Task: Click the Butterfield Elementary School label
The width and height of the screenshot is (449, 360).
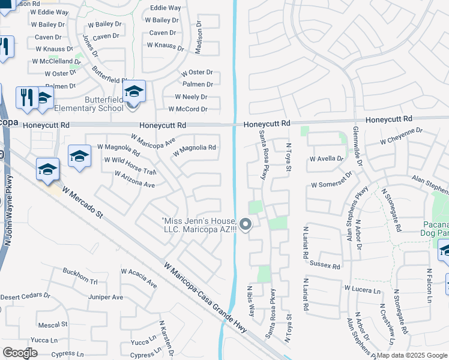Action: pyautogui.click(x=88, y=104)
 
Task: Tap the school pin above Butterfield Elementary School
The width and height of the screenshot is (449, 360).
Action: pyautogui.click(x=134, y=92)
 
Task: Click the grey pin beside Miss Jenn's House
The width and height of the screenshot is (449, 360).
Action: pyautogui.click(x=245, y=225)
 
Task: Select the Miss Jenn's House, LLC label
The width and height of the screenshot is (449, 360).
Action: pyautogui.click(x=199, y=226)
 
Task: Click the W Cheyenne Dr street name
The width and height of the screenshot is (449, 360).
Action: pyautogui.click(x=402, y=139)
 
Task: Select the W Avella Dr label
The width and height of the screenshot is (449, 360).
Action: pyautogui.click(x=326, y=159)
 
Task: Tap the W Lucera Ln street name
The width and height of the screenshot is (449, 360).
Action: pyautogui.click(x=363, y=290)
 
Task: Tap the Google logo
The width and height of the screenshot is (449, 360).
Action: pyautogui.click(x=20, y=353)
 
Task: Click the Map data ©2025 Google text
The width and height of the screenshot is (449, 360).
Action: pyautogui.click(x=411, y=355)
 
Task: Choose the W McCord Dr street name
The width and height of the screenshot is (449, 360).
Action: pyautogui.click(x=188, y=109)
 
